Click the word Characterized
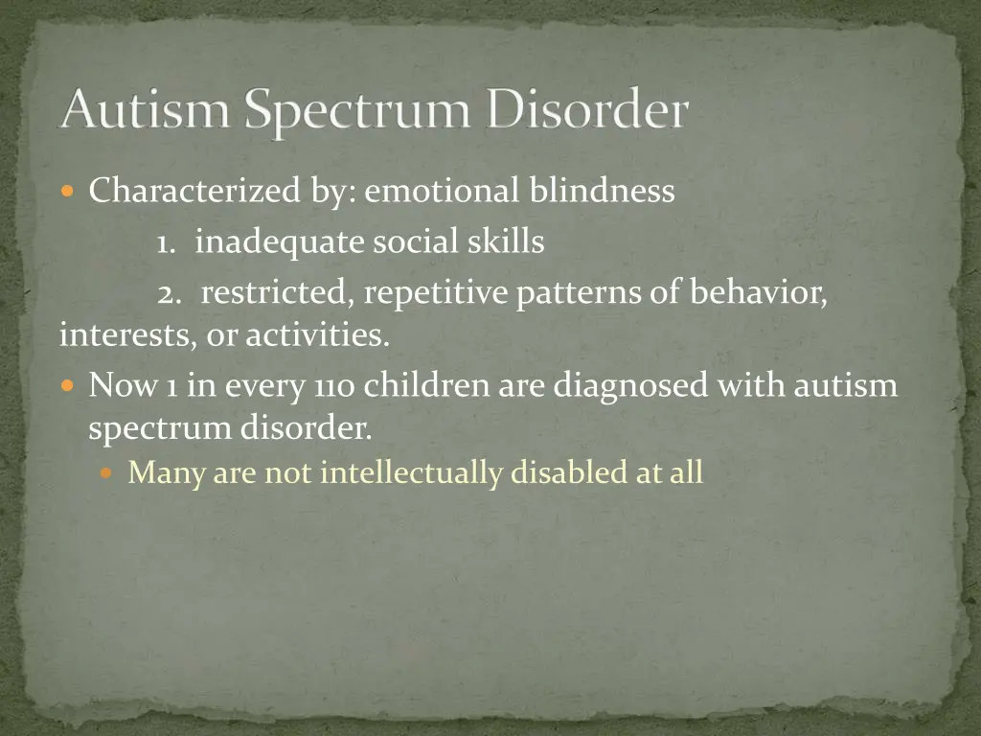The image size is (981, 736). point(194,192)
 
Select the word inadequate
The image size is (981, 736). point(280,243)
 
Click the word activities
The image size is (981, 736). point(317,336)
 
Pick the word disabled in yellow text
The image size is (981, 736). point(568,472)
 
